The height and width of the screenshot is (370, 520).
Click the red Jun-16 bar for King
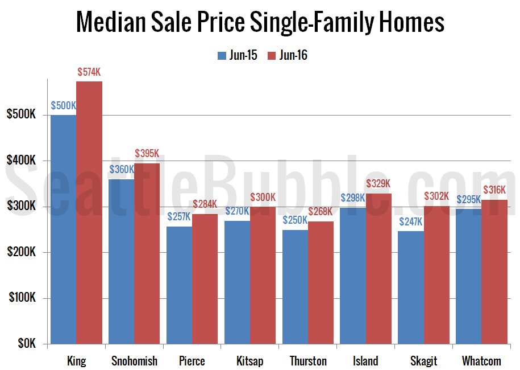tap(89, 213)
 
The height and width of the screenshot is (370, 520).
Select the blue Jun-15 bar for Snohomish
tap(121, 262)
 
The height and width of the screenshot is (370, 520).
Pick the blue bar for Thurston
tap(294, 287)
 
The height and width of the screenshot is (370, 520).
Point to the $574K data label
tap(89, 72)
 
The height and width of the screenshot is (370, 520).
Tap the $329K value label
tap(378, 183)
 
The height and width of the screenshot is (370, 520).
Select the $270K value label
tap(236, 211)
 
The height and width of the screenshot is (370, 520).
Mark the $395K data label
tap(147, 154)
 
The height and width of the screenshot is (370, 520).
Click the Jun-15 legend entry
tap(237, 55)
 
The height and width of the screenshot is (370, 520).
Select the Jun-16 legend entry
tap(287, 55)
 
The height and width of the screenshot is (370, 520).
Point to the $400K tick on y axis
tap(21, 161)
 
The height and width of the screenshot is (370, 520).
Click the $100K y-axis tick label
tap(21, 299)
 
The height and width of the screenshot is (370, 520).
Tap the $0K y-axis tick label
tap(25, 344)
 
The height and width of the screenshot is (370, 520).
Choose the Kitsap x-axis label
tap(250, 361)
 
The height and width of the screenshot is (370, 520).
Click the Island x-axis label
tap(365, 361)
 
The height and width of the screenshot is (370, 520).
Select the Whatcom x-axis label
tap(481, 361)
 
